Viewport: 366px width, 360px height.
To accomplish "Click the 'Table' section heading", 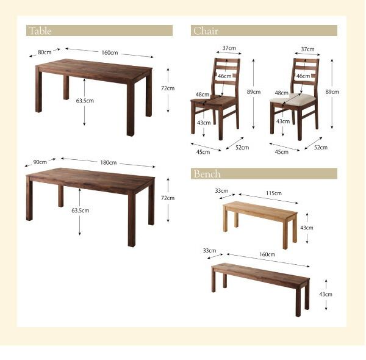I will [x=40, y=31].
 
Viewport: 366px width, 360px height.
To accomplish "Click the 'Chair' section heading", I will [x=206, y=31].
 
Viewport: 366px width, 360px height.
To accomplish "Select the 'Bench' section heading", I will [x=207, y=174].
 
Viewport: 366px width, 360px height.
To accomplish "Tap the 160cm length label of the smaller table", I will [x=110, y=52].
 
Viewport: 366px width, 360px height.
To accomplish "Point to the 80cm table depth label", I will [x=44, y=52].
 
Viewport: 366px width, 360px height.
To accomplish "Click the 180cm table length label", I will [x=109, y=163].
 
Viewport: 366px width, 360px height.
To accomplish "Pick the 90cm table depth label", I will [x=40, y=162].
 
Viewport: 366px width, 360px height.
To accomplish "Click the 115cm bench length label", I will [x=273, y=193].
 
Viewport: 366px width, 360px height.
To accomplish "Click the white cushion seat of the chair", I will [x=293, y=98].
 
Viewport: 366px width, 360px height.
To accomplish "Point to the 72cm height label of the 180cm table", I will [x=167, y=198].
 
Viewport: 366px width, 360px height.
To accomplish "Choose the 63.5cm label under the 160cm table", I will [x=84, y=101].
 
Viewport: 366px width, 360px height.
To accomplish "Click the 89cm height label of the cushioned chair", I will [x=332, y=92].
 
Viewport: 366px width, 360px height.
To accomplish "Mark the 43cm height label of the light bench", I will [x=308, y=228].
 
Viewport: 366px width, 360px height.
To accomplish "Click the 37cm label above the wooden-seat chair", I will [x=229, y=48].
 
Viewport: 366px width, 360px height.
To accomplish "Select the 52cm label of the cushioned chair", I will [x=321, y=147].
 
